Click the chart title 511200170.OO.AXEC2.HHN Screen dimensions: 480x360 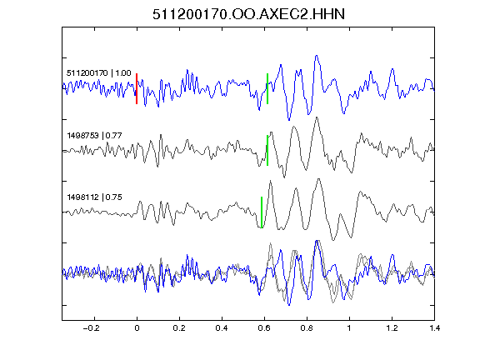click(248, 14)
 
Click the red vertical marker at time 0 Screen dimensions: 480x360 click(137, 89)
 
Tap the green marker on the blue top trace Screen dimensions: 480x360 click(267, 89)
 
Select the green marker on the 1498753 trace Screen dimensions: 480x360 click(267, 150)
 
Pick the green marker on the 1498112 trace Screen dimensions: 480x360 click(262, 212)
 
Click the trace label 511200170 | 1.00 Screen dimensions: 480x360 click(99, 73)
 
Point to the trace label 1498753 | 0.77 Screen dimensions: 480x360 click(94, 135)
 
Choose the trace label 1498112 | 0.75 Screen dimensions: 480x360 click(94, 197)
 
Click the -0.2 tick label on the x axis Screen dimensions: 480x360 click(92, 328)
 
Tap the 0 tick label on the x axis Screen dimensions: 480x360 click(137, 328)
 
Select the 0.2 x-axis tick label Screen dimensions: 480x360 click(179, 328)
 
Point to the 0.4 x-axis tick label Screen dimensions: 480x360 click(222, 328)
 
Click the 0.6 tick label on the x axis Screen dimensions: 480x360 click(264, 328)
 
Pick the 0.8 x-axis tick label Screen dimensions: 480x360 click(307, 328)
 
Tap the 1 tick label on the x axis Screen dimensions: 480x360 click(349, 328)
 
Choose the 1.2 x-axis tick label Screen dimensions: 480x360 click(392, 328)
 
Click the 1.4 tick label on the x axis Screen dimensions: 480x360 click(434, 328)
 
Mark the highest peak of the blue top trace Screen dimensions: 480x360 click(316, 56)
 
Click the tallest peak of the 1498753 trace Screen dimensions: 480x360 click(317, 117)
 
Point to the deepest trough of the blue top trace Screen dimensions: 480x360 click(288, 120)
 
